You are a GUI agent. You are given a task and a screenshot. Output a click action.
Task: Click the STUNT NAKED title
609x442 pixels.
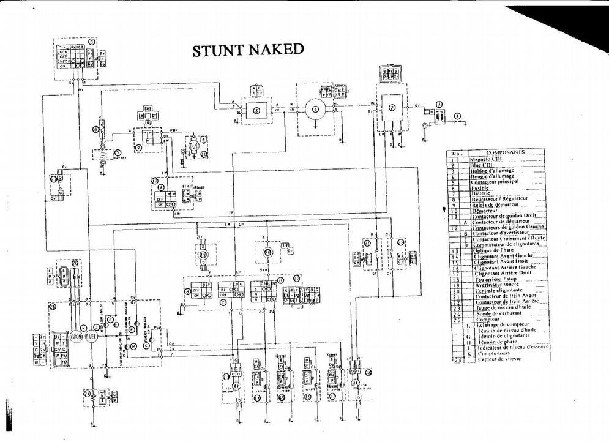[248, 50]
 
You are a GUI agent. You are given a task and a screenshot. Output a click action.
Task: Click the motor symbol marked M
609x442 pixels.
[193, 146]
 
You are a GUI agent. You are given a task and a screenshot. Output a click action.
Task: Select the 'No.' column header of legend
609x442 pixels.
[456, 153]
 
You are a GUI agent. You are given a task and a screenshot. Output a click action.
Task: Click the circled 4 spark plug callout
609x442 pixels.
[457, 115]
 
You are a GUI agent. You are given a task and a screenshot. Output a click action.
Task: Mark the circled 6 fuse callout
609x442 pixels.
[95, 129]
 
